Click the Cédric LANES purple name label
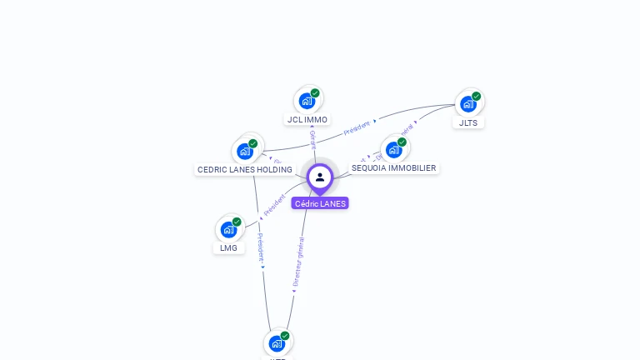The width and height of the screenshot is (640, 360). tap(320, 203)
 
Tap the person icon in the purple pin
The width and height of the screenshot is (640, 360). tap(320, 177)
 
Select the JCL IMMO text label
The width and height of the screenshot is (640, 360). tap(307, 119)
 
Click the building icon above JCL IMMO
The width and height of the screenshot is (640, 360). tap(307, 101)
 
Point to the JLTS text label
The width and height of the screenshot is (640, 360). tap(469, 122)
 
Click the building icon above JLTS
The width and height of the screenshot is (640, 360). tap(468, 104)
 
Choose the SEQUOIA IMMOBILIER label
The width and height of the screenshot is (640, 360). tap(393, 167)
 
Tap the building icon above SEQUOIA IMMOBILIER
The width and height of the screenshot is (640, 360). tap(393, 150)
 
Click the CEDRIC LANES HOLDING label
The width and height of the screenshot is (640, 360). tap(245, 169)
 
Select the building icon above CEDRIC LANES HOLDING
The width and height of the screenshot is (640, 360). tap(245, 152)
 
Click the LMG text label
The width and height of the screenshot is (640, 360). tap(228, 247)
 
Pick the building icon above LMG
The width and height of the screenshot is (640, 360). tap(228, 230)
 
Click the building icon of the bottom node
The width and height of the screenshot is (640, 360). tap(277, 343)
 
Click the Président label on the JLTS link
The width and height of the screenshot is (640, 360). tap(357, 127)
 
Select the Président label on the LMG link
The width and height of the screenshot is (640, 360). tap(274, 206)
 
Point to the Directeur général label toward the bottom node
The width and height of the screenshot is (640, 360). tap(298, 262)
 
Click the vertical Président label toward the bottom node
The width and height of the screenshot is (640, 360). tap(261, 247)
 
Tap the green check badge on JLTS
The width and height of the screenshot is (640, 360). tap(477, 96)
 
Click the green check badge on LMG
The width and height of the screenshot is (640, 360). tap(237, 222)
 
